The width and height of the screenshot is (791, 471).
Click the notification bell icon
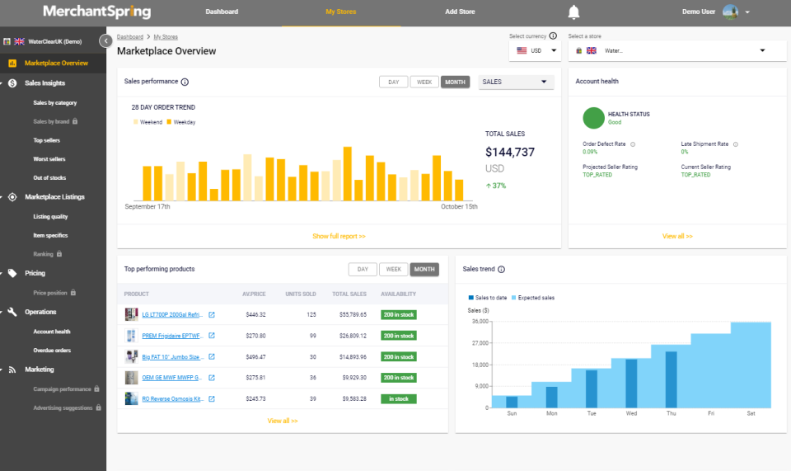573,12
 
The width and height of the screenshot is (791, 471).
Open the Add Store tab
460,12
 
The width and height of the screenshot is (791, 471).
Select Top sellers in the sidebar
46,140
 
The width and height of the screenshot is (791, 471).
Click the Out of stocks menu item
49,177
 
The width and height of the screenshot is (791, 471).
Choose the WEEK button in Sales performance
424,82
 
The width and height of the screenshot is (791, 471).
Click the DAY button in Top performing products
363,269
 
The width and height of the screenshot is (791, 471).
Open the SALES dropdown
516,82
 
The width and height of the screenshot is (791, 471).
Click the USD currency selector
535,50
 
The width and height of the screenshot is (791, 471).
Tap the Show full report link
339,236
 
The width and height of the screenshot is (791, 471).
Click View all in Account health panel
677,236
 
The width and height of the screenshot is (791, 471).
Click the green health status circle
593,118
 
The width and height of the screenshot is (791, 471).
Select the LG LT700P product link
172,314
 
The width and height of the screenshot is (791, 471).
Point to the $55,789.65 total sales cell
349,314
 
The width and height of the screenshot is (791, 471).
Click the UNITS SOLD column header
300,294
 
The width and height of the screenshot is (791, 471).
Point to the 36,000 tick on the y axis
478,321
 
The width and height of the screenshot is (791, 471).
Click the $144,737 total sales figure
509,152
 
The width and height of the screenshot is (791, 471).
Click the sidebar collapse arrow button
105,40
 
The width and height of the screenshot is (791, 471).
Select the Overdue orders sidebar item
52,351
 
